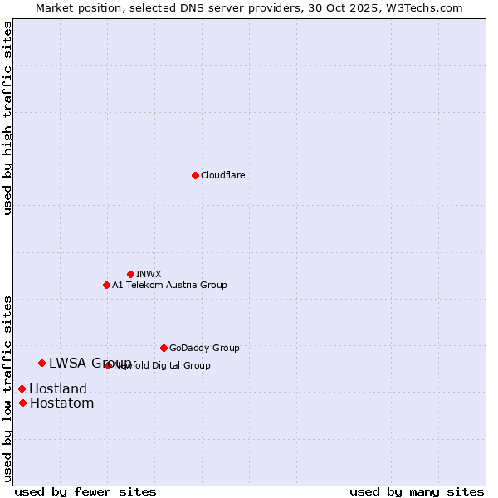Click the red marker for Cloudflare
click(195, 175)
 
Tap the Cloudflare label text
click(222, 175)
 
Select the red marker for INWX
click(130, 274)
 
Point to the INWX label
click(149, 274)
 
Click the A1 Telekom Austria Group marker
click(106, 285)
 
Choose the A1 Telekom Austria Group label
click(169, 285)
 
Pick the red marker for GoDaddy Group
click(164, 348)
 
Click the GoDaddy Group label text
click(204, 348)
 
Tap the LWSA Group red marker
click(41, 363)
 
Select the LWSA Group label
click(90, 363)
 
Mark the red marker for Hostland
click(22, 388)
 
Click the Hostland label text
click(58, 388)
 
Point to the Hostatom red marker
click(22, 403)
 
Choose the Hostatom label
click(61, 403)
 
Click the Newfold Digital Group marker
click(109, 365)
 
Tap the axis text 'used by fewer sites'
click(85, 491)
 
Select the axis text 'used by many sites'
click(417, 491)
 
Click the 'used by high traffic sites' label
click(7, 118)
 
